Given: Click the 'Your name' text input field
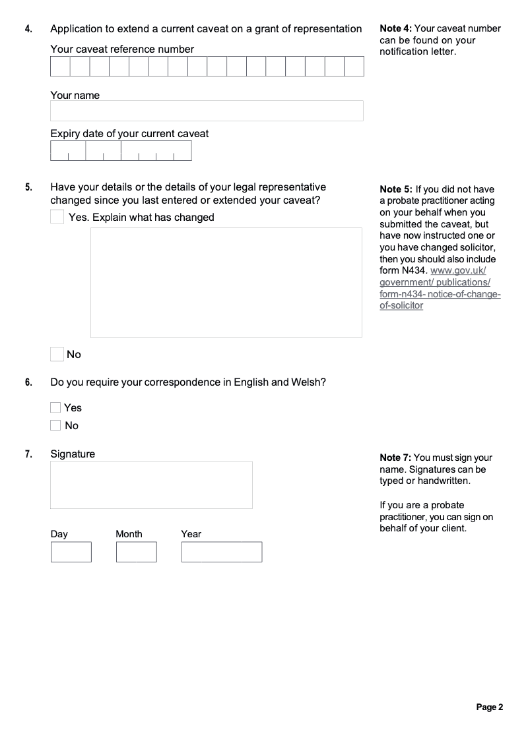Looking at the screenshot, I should [x=207, y=111].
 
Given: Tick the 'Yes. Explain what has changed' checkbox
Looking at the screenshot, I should [x=57, y=217].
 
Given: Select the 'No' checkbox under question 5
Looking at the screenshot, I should [x=57, y=355].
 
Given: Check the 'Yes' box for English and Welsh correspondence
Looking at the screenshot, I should [x=55, y=408].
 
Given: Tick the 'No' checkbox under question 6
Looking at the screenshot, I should [x=55, y=426].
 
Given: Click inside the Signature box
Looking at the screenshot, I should [x=151, y=485].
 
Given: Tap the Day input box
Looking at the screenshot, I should [x=71, y=552].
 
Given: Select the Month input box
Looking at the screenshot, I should [x=137, y=552].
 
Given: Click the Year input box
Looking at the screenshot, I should [x=222, y=552].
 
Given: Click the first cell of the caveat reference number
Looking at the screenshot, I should [x=60, y=67].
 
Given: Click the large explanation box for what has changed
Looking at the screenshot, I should [x=226, y=282].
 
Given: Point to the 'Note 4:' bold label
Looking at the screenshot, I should [x=396, y=28].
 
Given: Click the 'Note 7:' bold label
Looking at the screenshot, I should [x=396, y=458].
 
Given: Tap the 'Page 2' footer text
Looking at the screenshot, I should [x=490, y=707].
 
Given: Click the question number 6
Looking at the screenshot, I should [x=28, y=382].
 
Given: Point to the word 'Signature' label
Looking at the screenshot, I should [x=73, y=454].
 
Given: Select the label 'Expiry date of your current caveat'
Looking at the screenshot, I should [x=129, y=134].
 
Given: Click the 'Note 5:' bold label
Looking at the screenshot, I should [x=396, y=190].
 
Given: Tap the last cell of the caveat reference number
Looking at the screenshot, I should [x=354, y=67].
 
